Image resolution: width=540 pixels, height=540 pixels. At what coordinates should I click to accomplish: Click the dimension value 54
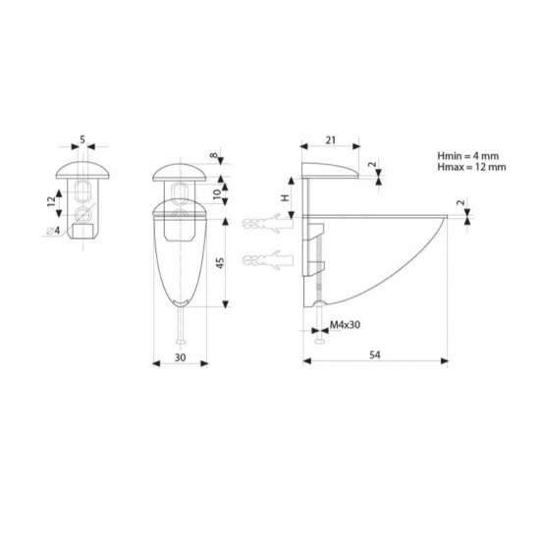coord(375,354)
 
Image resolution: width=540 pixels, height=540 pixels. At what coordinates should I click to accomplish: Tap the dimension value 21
coord(330,140)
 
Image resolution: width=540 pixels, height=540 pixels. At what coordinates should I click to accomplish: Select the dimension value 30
coord(180,357)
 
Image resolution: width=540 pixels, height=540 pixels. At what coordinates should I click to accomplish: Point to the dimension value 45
coord(220,263)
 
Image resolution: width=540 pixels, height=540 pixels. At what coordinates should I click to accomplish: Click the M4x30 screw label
coord(345,325)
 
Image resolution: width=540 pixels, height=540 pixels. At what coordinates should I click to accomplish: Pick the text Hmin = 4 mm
coord(468,156)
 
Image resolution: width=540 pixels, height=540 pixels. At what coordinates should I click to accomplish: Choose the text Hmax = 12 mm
coord(472,167)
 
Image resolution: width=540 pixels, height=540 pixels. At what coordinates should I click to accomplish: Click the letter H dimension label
coord(285,197)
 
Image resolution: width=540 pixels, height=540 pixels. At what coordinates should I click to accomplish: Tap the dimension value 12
coord(51,201)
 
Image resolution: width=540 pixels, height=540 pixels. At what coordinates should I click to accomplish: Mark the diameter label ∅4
coord(53,231)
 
